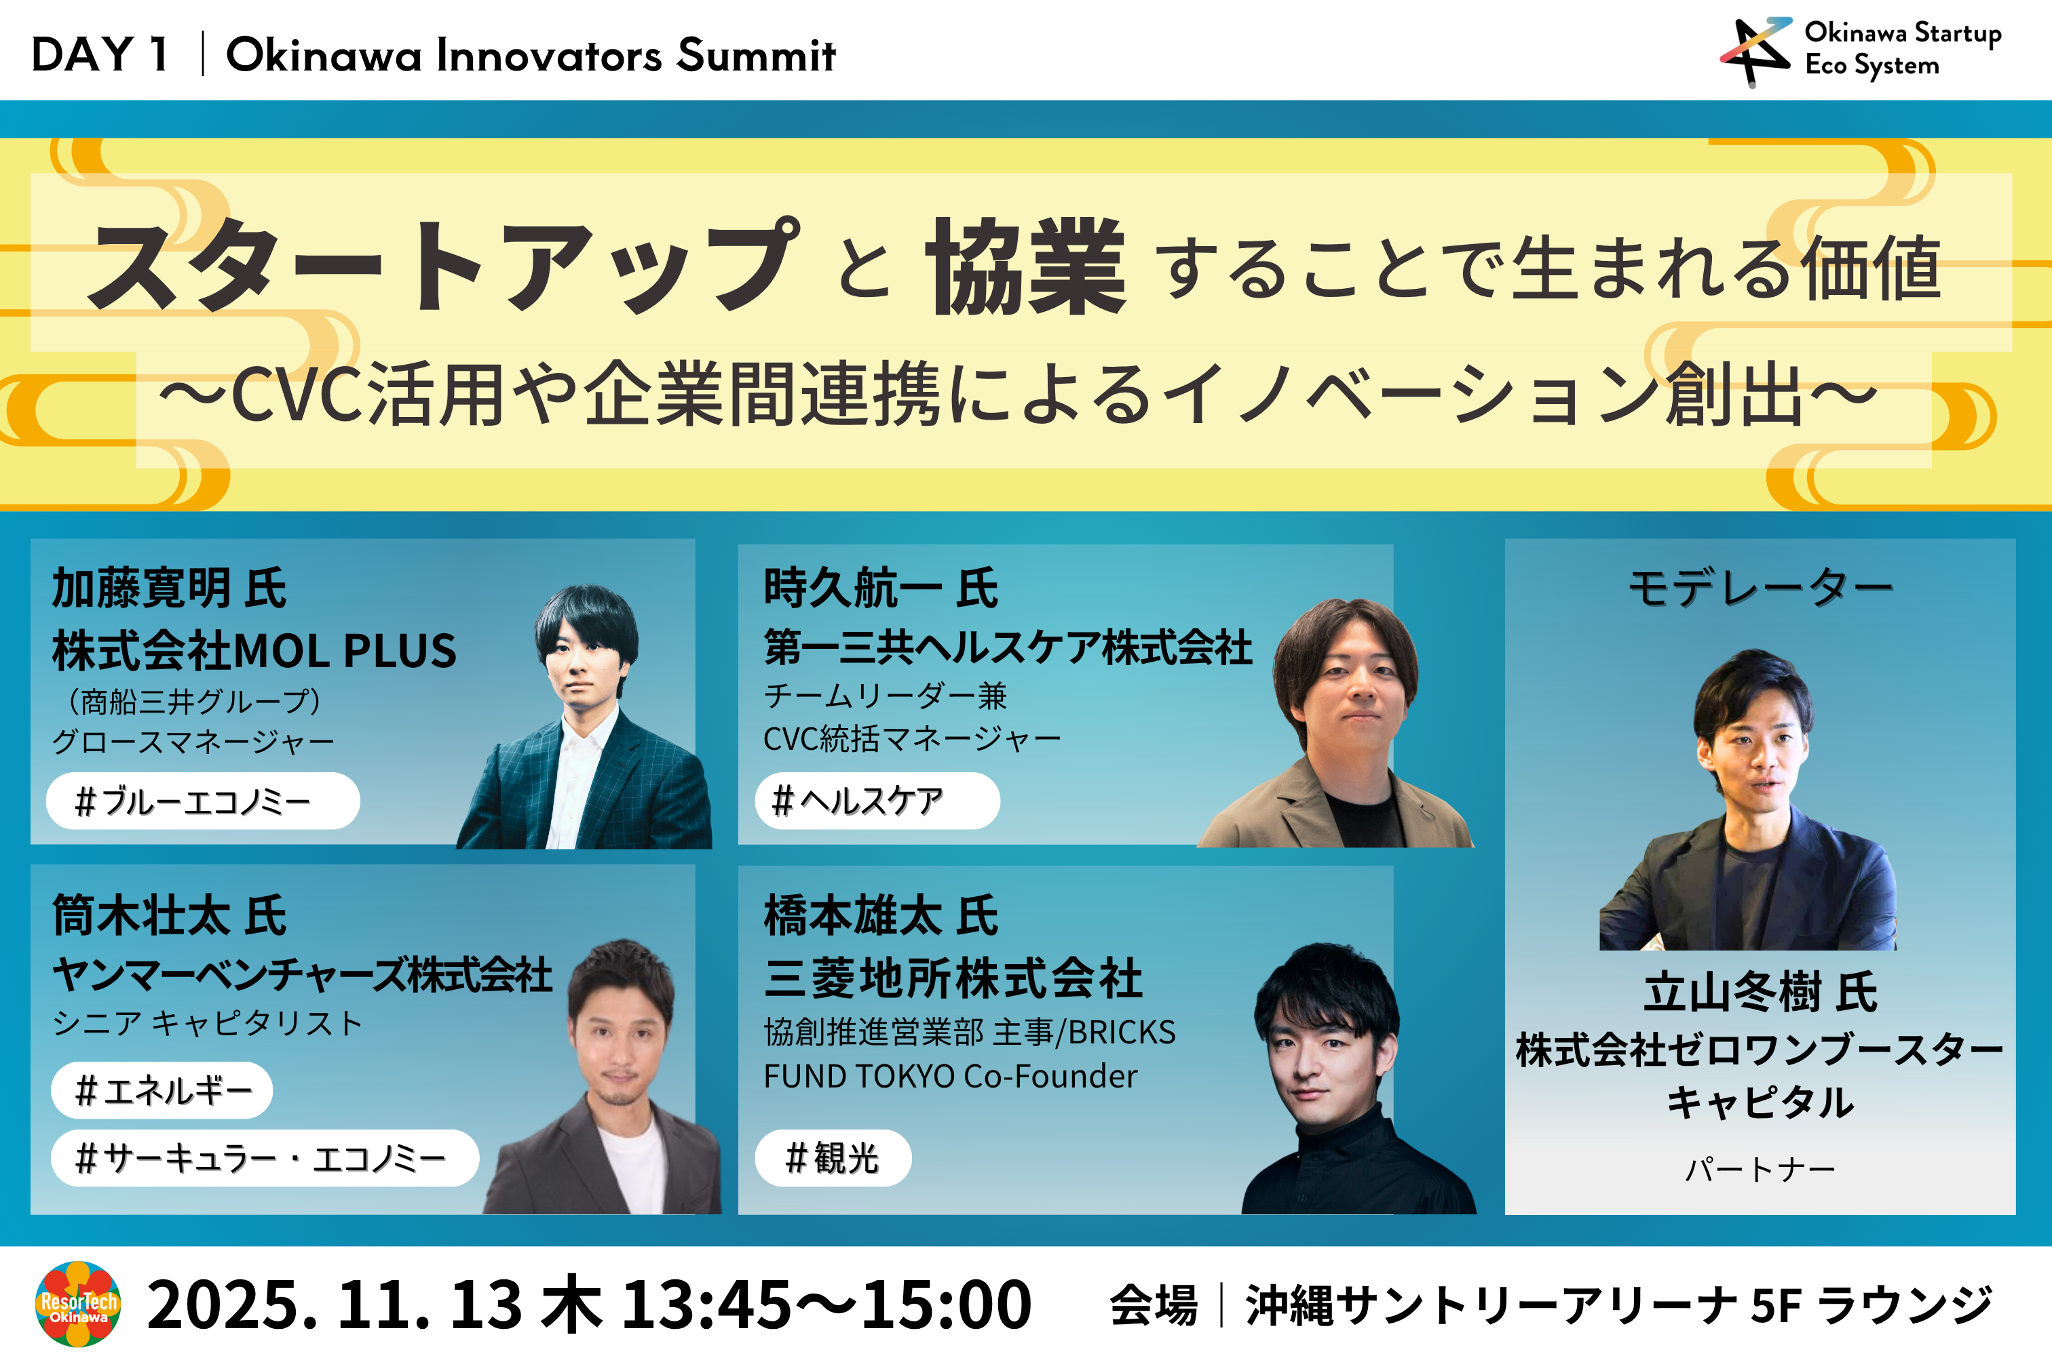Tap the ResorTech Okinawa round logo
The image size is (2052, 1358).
click(x=78, y=1304)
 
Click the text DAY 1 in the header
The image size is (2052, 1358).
click(x=100, y=54)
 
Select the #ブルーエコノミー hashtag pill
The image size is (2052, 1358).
click(x=203, y=801)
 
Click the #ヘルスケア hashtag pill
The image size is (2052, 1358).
click(x=877, y=801)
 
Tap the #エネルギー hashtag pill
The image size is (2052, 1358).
click(x=162, y=1090)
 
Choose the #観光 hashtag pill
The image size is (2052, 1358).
click(x=833, y=1158)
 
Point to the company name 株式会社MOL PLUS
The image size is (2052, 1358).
click(x=254, y=652)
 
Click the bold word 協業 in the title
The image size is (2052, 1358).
click(x=1026, y=266)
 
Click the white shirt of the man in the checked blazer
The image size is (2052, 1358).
click(x=586, y=780)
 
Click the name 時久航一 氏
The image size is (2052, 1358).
click(x=880, y=589)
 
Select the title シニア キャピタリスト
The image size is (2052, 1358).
click(x=207, y=1024)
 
